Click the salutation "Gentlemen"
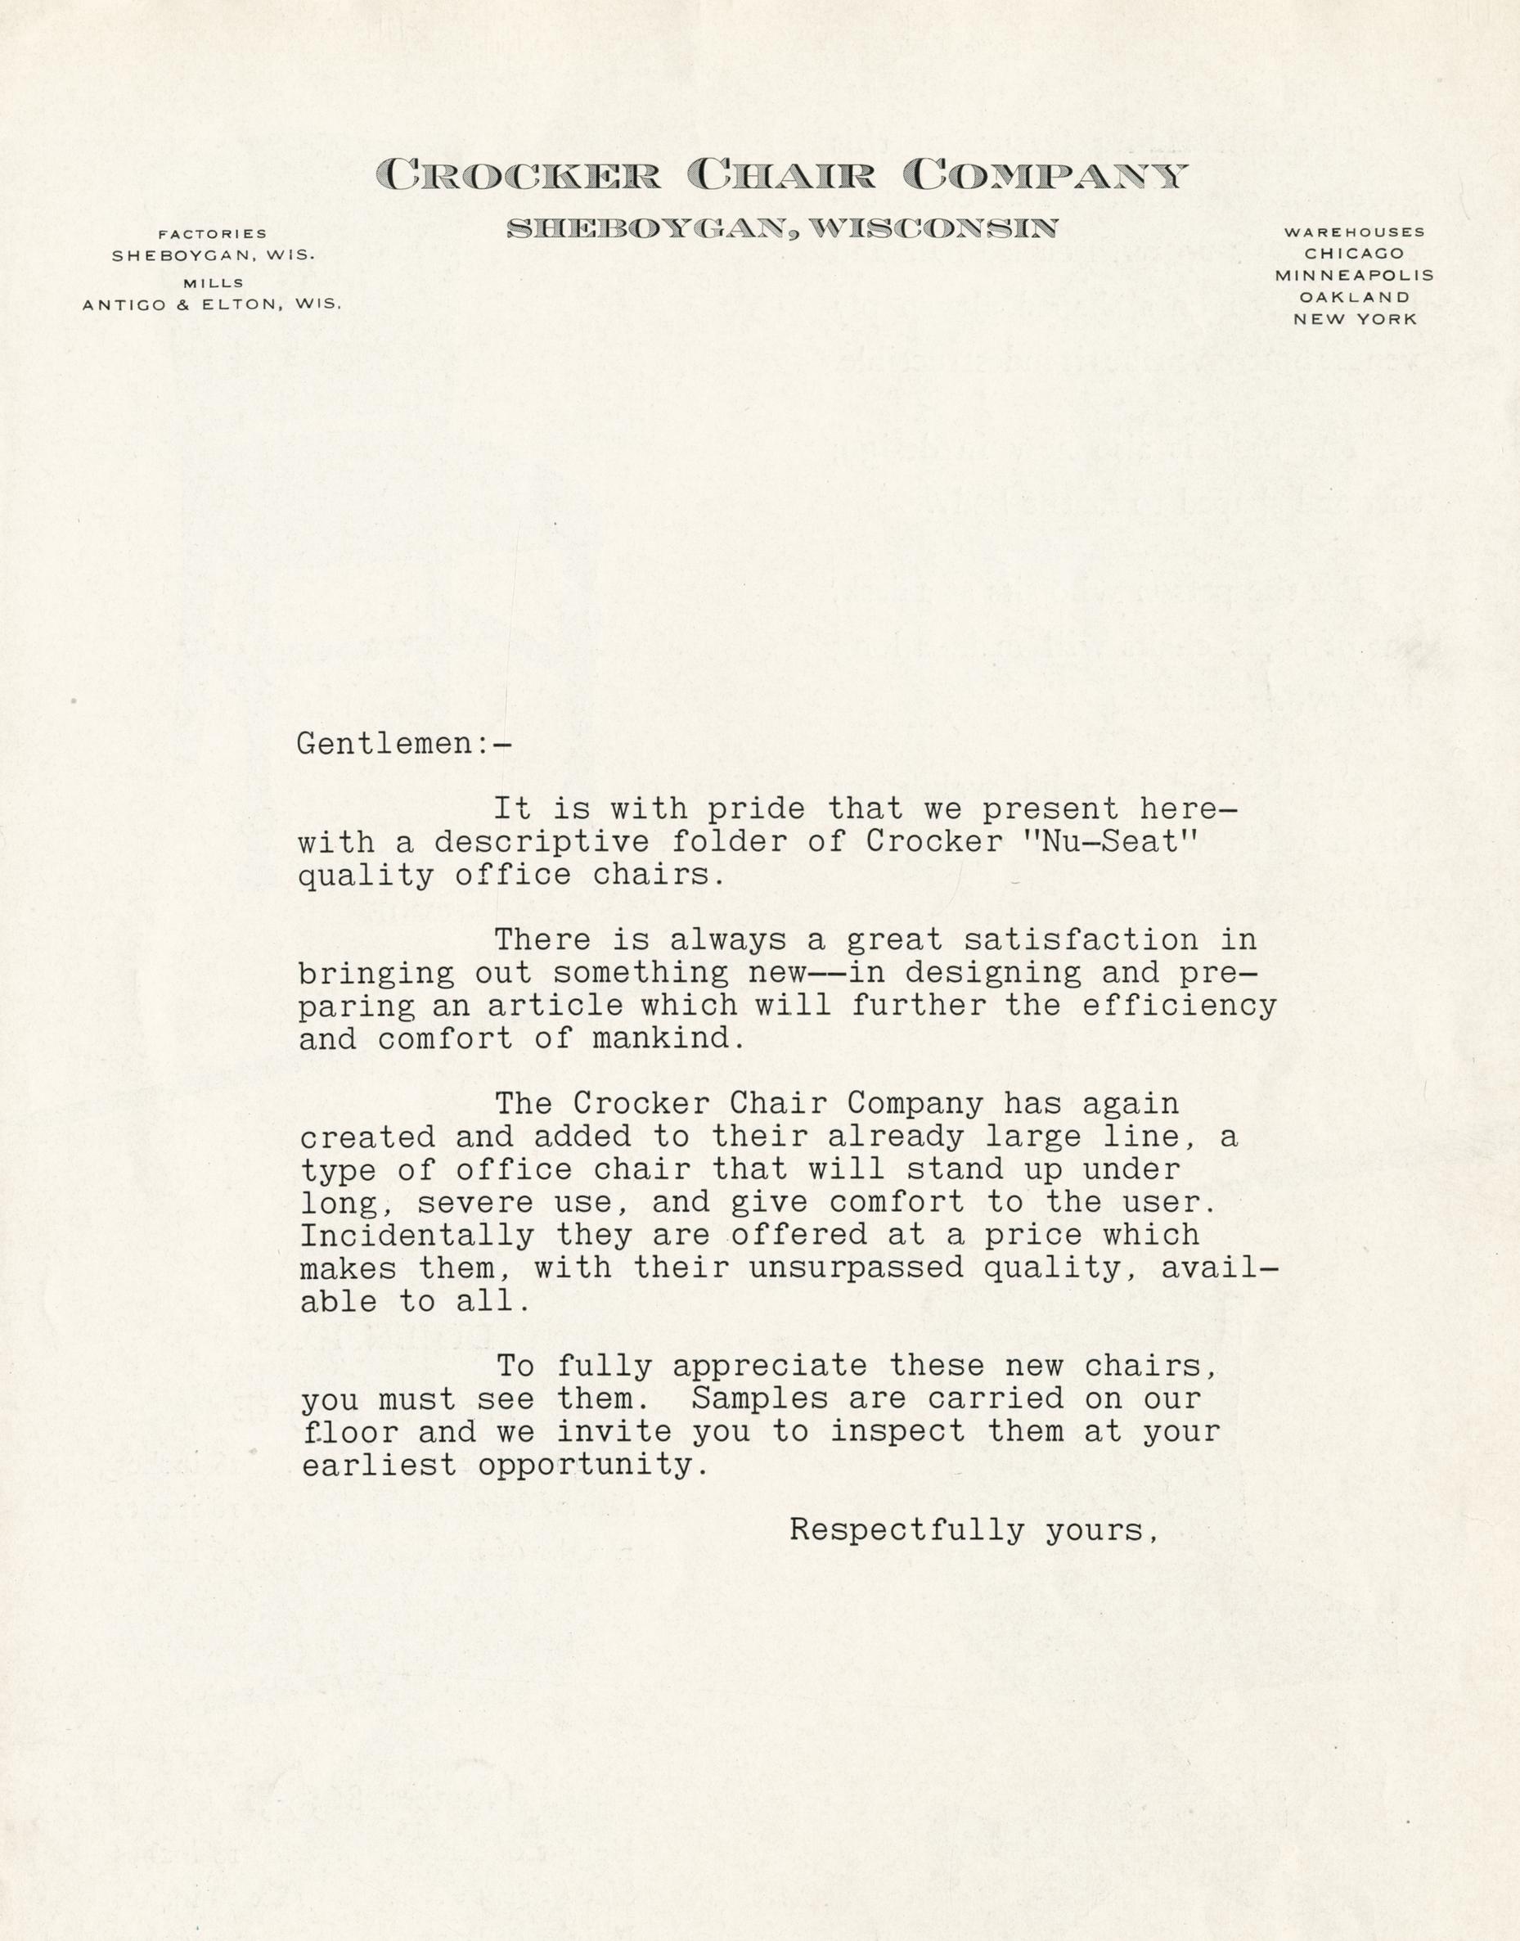click(386, 743)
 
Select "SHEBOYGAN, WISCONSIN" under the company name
click(781, 229)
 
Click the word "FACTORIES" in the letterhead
click(212, 234)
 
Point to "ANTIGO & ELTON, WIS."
click(212, 304)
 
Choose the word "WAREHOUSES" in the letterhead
click(1355, 232)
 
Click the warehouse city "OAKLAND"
click(1355, 297)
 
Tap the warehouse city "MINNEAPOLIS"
click(1355, 276)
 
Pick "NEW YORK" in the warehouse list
click(1355, 318)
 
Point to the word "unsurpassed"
click(856, 1268)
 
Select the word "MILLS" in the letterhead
click(212, 283)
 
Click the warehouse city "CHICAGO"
click(1355, 254)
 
